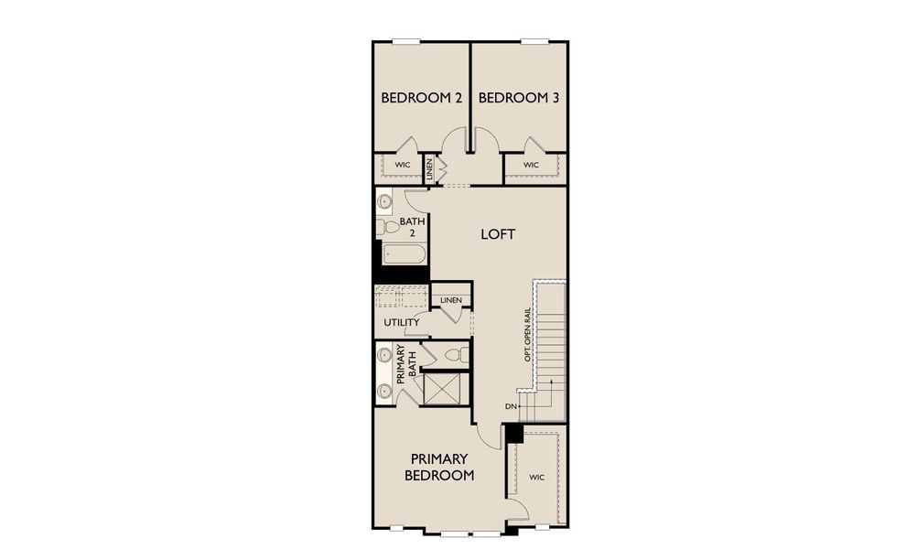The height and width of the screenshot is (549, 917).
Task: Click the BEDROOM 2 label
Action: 421,98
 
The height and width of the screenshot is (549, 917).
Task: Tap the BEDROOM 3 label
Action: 518,98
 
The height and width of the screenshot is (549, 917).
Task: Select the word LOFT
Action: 498,234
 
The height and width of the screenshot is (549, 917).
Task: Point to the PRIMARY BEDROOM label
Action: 440,467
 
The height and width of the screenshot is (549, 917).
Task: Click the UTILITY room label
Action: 401,322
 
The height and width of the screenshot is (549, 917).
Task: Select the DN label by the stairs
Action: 510,406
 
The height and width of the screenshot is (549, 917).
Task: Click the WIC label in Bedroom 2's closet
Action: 402,165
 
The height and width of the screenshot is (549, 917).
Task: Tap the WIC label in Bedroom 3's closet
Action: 531,165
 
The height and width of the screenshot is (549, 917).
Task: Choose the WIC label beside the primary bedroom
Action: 537,477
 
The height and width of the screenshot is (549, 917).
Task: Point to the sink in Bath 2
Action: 384,200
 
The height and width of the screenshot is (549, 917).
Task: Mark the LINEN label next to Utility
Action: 450,300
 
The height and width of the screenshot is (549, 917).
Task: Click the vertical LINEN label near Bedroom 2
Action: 428,169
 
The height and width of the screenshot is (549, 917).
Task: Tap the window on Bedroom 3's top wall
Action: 535,41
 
